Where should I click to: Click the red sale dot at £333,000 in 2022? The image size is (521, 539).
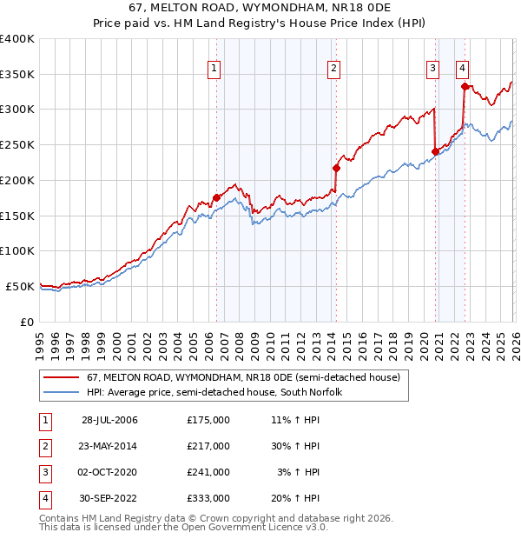coord(465,86)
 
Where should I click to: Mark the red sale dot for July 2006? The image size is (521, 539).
coord(216,197)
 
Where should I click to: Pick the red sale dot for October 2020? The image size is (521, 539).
coord(434,151)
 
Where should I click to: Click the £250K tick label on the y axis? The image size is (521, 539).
coord(17,145)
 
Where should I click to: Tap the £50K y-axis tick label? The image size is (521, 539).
coord(20,286)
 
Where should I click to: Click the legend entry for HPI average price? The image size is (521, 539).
coord(214,392)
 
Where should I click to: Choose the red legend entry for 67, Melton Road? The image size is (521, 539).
coord(242,378)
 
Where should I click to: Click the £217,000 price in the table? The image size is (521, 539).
coord(208,446)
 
